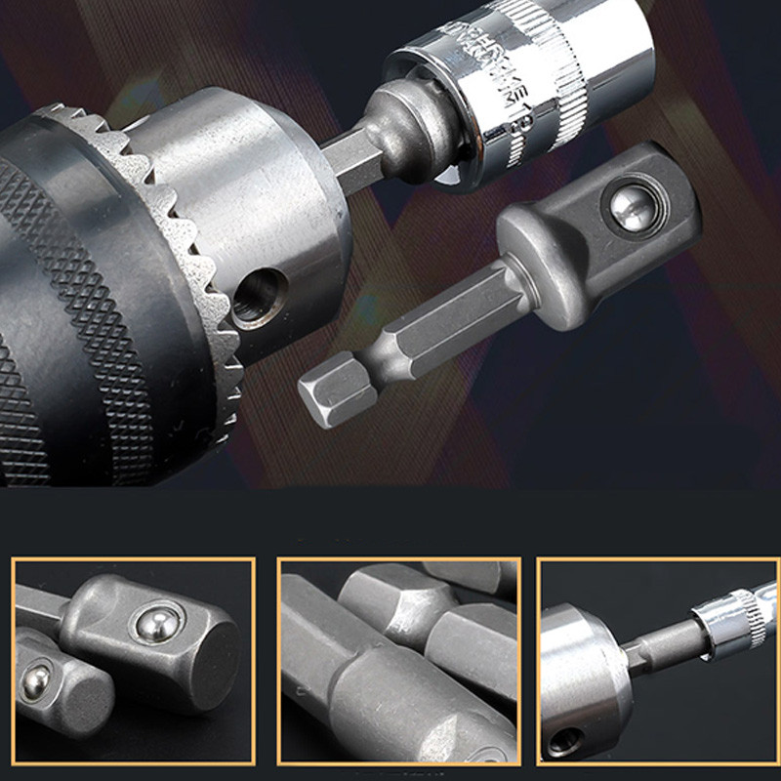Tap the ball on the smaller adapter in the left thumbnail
point(37,676)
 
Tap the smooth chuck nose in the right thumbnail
point(576,674)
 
